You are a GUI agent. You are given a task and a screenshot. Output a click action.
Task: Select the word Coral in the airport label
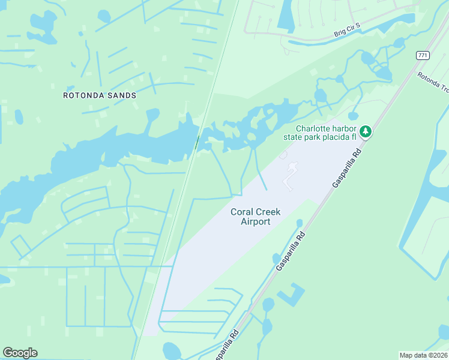tap(242, 212)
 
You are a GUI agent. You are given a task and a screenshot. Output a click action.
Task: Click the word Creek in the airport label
tap(268, 212)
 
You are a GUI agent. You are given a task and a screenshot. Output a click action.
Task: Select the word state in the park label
tap(294, 137)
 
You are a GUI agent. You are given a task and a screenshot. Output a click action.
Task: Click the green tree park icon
tap(365, 131)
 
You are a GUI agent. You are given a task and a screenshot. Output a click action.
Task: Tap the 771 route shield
tap(423, 55)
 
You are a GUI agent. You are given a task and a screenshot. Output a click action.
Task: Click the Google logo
tap(20, 353)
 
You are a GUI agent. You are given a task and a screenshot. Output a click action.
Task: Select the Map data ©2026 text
tap(423, 355)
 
